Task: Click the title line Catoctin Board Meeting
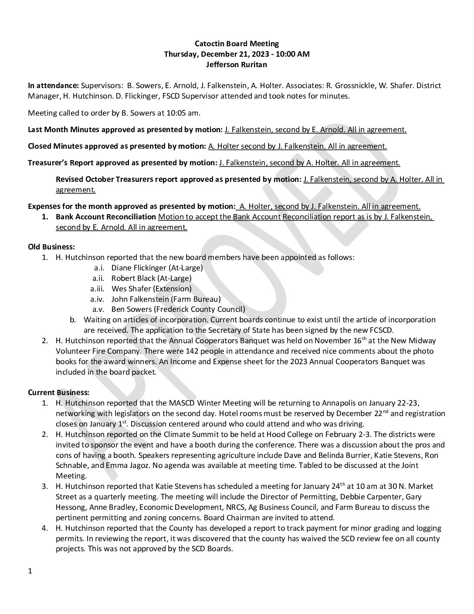coord(237,44)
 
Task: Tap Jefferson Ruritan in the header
coord(237,65)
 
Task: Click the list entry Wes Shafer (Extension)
coord(152,288)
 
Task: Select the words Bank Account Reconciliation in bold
coord(106,217)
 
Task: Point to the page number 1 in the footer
coord(30,571)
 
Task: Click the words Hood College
coord(303,434)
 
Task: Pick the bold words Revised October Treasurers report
coord(117,179)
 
